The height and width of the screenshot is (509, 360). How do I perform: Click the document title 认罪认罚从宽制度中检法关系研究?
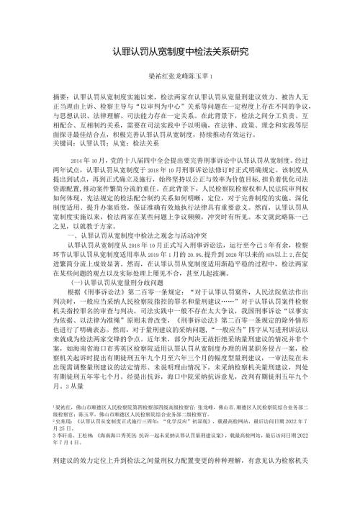[x=180, y=53]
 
